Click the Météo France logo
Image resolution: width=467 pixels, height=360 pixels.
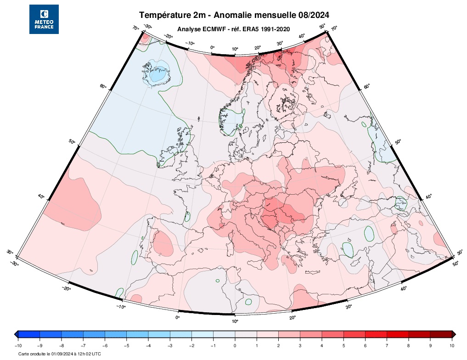point(44,19)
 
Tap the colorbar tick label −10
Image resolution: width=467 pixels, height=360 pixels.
point(18,345)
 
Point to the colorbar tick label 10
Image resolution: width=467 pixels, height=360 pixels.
point(451,345)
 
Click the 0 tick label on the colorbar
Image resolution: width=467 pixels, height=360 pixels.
point(235,345)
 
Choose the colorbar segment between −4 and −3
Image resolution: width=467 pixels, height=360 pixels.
point(159,334)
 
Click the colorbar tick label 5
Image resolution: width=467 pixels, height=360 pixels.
point(343,345)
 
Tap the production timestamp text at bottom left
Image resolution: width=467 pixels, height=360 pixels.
point(60,354)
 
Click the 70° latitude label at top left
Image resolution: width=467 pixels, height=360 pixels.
point(136,28)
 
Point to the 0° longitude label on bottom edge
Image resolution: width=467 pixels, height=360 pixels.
point(178,317)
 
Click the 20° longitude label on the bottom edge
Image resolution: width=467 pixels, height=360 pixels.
point(292,317)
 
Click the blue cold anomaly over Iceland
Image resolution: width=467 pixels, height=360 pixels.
point(158,73)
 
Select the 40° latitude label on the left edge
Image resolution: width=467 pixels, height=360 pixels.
point(41,197)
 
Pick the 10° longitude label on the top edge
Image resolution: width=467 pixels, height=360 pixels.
point(235,49)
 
